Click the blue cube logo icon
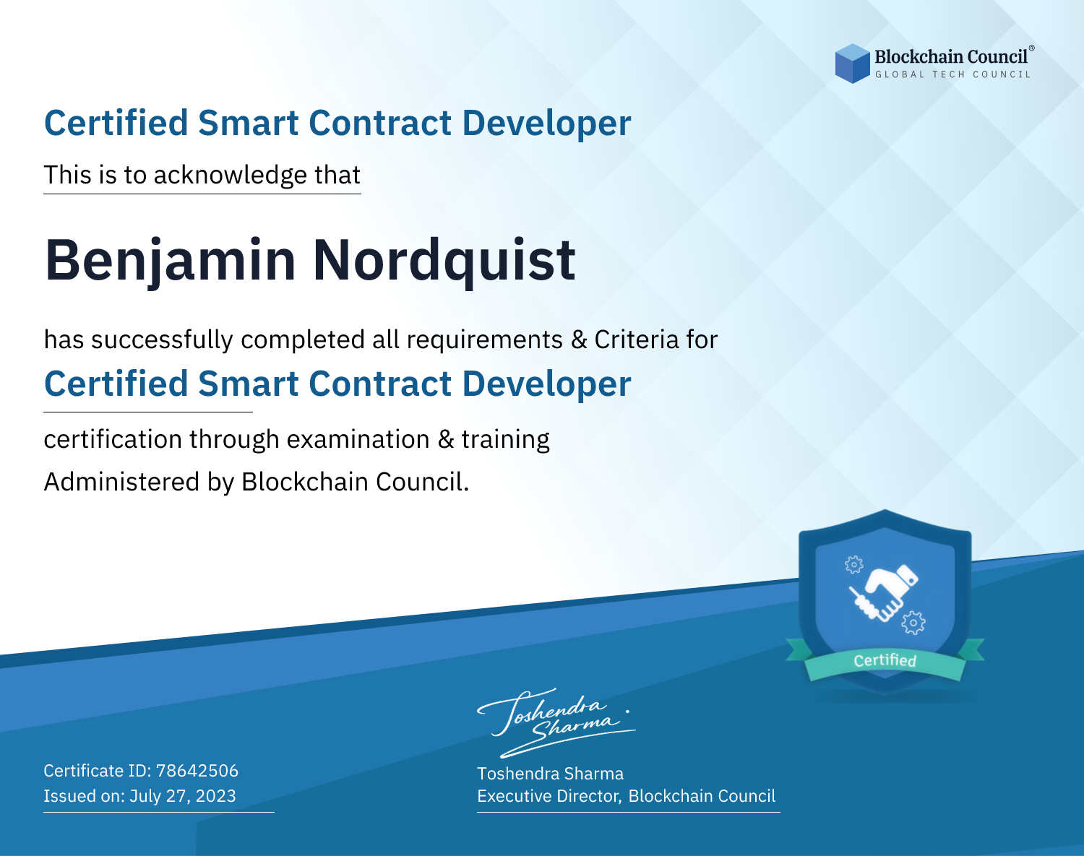pos(852,64)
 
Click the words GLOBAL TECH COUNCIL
pos(953,74)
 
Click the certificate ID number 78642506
pos(197,770)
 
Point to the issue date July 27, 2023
pos(183,795)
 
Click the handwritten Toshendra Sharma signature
pos(556,722)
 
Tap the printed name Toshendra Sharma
pos(550,774)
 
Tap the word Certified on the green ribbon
pos(885,661)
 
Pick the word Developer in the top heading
pos(546,124)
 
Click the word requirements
pos(485,340)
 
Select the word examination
pos(358,439)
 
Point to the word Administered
pos(121,482)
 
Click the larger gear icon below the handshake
pos(913,623)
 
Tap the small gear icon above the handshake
pos(853,565)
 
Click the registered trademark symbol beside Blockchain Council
pos(1032,48)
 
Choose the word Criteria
pos(637,340)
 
